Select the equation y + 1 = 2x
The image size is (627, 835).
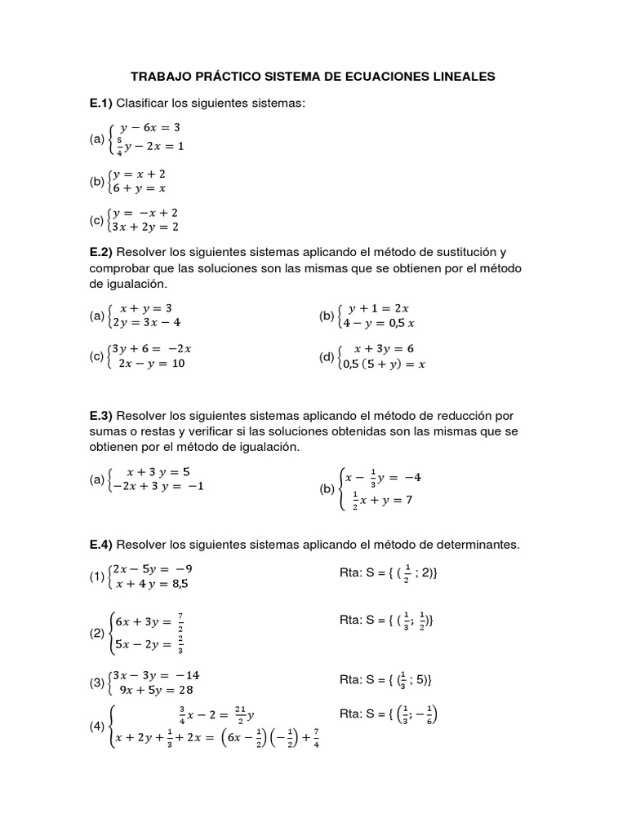(378, 309)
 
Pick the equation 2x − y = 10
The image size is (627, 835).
(153, 363)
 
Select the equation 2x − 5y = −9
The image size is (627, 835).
(155, 568)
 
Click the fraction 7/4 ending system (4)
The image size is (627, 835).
(315, 739)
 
